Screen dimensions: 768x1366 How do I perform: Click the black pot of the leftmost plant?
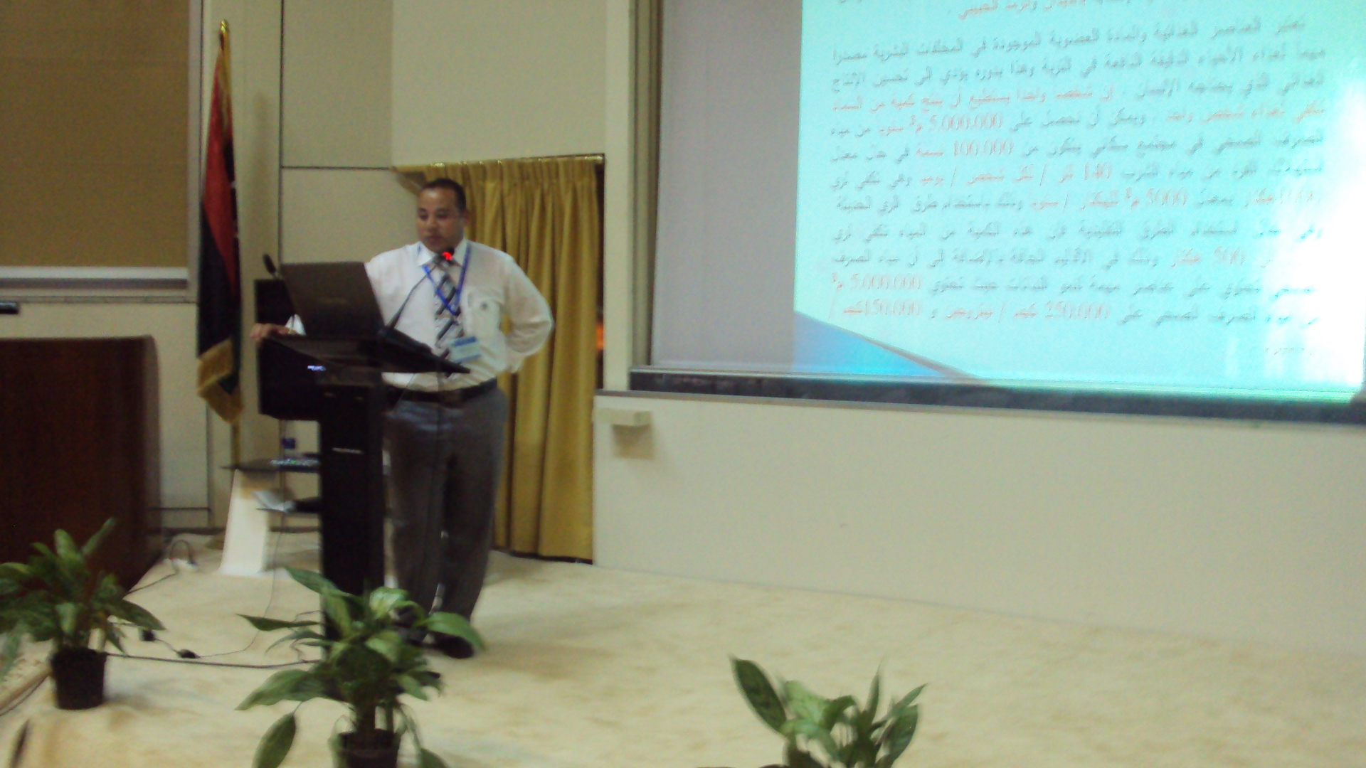coord(78,679)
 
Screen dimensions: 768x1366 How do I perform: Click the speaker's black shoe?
coord(454,646)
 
